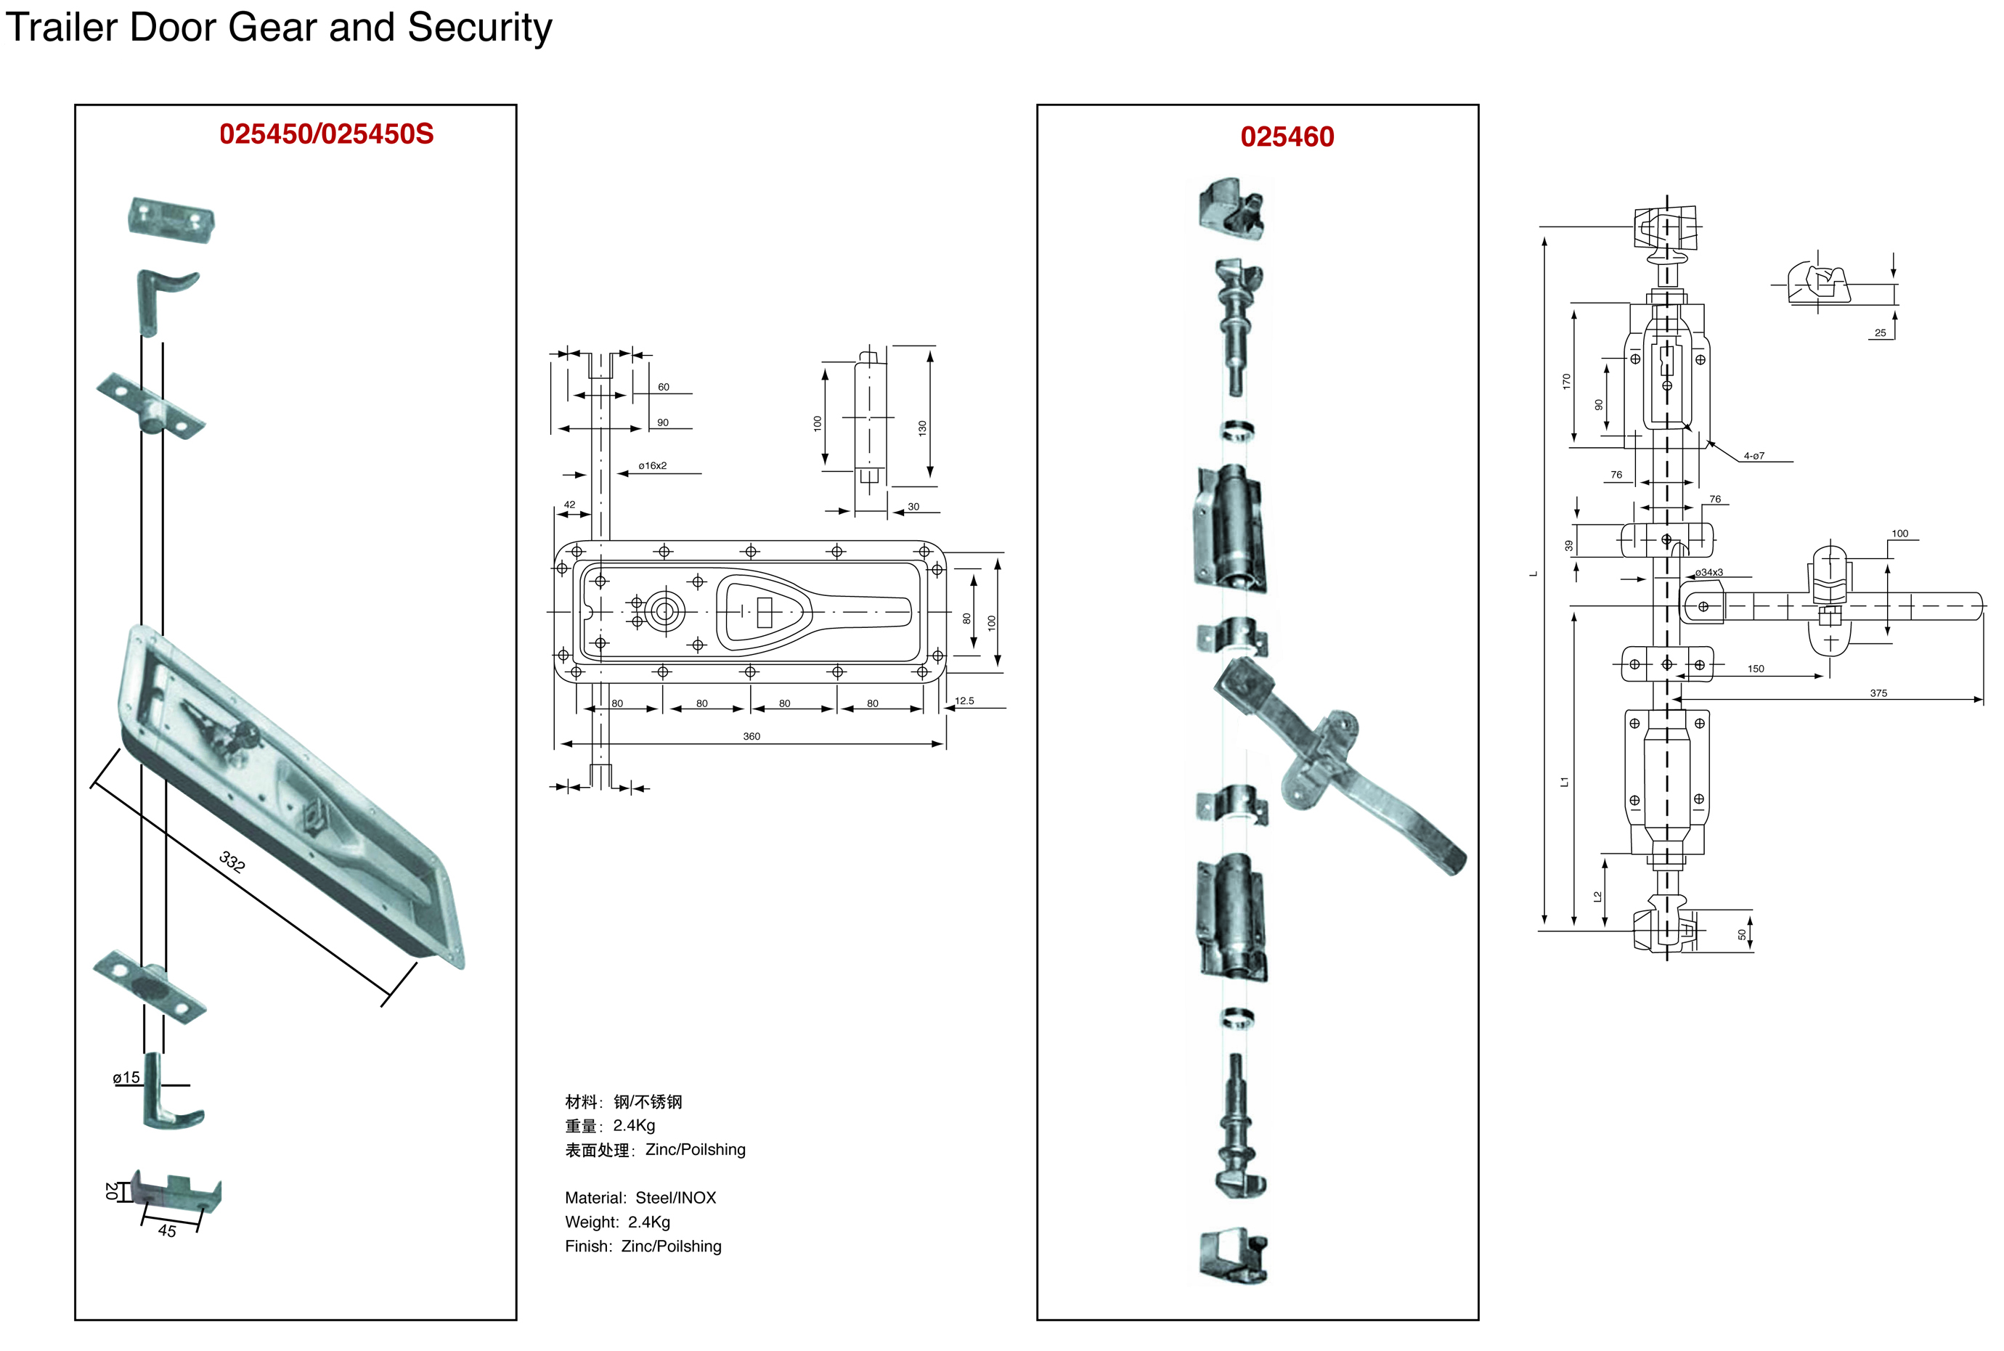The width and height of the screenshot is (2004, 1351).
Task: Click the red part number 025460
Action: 1287,137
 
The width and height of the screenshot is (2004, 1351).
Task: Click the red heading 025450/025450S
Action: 326,134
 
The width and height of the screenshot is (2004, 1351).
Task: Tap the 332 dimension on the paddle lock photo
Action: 232,861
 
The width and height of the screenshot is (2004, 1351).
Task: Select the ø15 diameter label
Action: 126,1077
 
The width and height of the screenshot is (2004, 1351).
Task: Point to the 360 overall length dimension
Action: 751,737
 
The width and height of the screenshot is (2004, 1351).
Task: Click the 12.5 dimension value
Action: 964,701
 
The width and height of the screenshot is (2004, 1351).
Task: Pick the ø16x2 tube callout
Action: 652,466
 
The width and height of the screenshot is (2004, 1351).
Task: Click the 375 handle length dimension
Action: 1878,693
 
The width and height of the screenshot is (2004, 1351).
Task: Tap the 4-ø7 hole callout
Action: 1753,456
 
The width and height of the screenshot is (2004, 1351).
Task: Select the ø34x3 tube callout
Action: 1708,573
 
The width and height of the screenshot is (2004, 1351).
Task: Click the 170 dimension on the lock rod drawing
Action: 1566,381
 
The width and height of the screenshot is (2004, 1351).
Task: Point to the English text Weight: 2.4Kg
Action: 617,1222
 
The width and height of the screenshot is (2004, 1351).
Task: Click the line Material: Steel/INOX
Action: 640,1198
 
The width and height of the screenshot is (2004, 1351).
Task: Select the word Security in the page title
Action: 479,28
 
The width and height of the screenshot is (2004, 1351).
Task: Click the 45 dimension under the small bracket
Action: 167,1230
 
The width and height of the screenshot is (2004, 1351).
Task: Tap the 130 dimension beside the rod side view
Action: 922,428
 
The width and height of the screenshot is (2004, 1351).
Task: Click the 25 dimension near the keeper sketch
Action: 1880,332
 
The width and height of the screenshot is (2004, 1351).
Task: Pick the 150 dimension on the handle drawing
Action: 1755,669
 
